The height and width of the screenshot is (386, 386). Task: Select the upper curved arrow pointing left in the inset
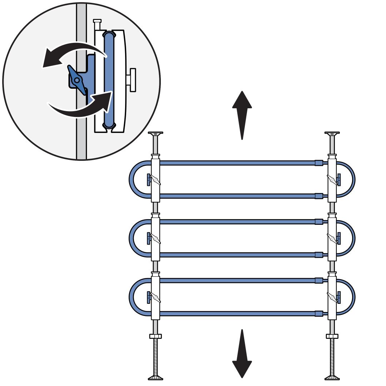[x=71, y=55]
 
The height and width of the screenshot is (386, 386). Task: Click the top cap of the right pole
[x=332, y=134]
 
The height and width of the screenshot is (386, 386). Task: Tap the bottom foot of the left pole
[x=155, y=377]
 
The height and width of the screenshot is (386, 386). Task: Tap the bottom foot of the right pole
[x=332, y=377]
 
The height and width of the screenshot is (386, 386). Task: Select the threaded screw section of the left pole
[x=155, y=356]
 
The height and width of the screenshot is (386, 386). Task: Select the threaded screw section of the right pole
[x=332, y=356]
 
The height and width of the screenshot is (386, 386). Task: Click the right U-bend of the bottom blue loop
[x=352, y=297]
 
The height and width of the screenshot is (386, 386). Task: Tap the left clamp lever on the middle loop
[x=155, y=238]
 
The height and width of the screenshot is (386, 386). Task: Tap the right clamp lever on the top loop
[x=332, y=179]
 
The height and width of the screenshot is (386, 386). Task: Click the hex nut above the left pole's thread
[x=155, y=336]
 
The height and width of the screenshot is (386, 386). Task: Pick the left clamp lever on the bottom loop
[x=155, y=297]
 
